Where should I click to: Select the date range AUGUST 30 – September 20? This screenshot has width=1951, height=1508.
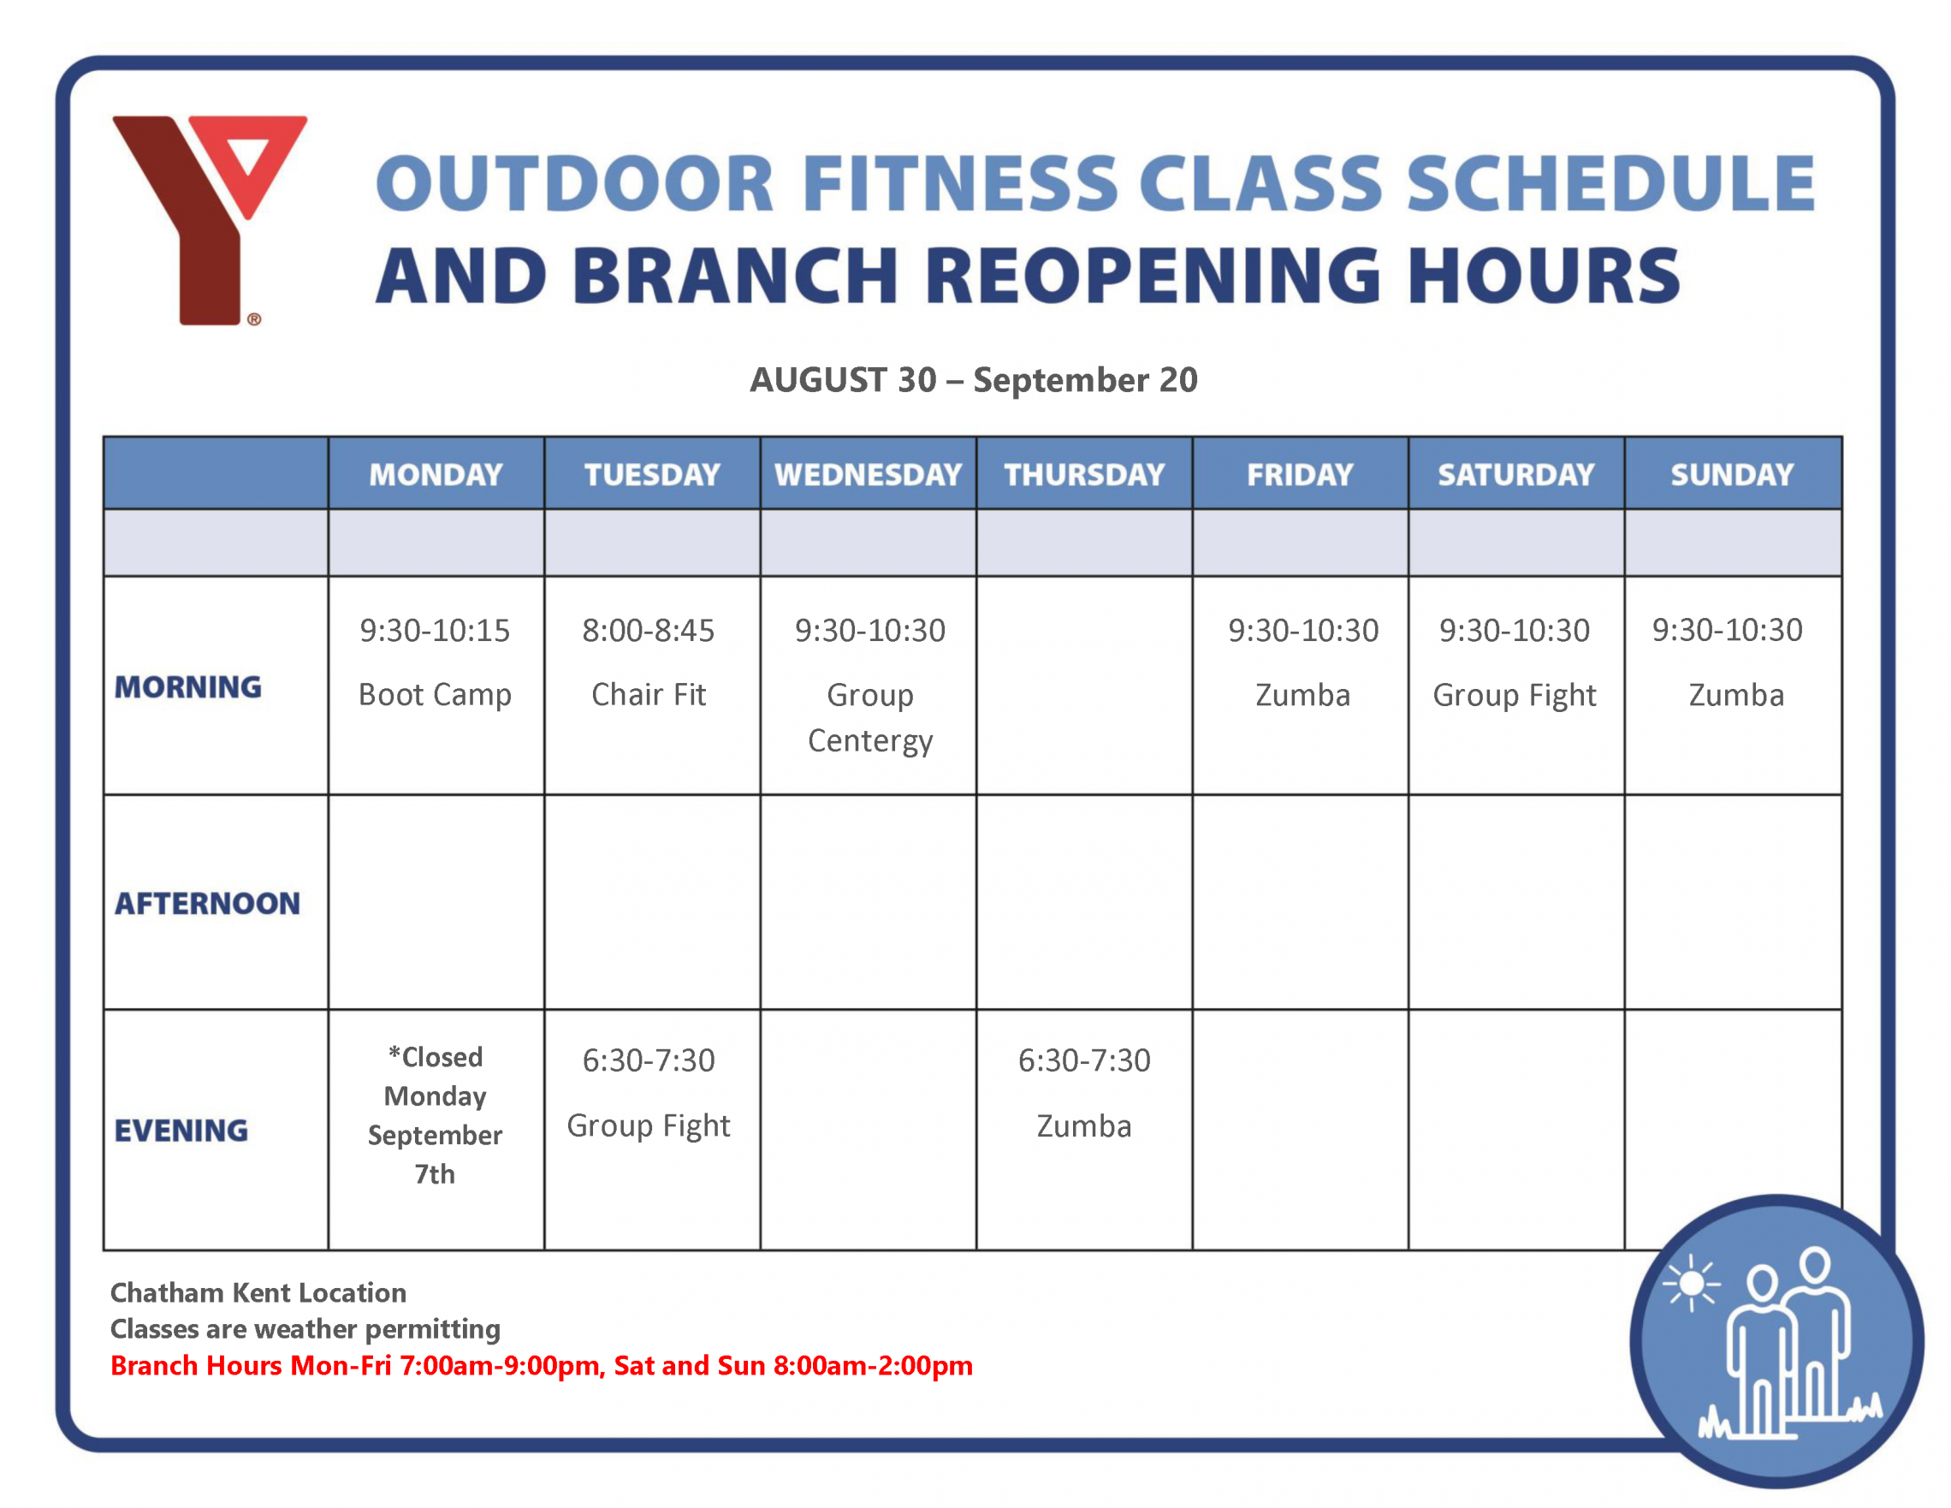tap(973, 380)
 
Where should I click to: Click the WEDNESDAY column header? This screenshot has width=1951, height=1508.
tap(868, 474)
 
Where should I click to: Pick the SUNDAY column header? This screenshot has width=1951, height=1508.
tap(1731, 474)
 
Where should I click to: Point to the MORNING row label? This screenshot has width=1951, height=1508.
tap(187, 686)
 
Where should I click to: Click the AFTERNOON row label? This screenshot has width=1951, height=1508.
tap(206, 903)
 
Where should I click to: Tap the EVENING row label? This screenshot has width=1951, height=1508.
tap(181, 1130)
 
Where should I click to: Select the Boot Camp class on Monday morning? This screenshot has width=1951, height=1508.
tap(435, 694)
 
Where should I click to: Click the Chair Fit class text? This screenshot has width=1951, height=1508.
tap(649, 694)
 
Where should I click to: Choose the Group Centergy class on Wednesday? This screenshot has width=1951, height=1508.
tap(869, 717)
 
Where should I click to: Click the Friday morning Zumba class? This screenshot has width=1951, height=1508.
tap(1302, 694)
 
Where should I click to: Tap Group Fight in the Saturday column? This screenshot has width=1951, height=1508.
tap(1515, 694)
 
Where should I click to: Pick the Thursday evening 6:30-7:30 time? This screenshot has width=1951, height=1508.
tap(1083, 1060)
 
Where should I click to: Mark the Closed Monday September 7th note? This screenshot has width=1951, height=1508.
tap(435, 1115)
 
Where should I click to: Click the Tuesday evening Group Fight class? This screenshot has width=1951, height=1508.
tap(649, 1125)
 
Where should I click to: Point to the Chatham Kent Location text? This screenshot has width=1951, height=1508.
tap(258, 1291)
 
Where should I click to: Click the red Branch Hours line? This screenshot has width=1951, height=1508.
tap(542, 1365)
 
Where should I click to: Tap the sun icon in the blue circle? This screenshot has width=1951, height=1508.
tap(1691, 1285)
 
